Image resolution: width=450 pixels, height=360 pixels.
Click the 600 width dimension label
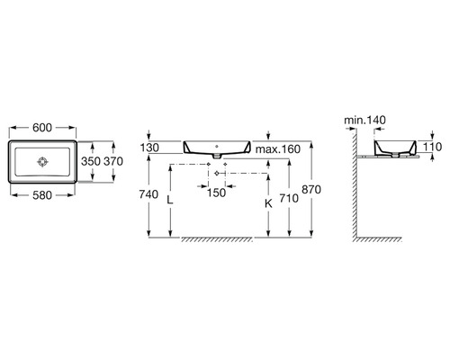42,128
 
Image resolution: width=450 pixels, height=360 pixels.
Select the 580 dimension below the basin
42,195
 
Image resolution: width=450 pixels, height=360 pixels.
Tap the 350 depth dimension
91,161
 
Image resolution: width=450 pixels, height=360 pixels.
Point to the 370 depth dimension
113,161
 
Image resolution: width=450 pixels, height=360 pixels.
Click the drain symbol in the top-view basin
42,162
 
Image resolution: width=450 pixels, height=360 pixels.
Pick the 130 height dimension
149,148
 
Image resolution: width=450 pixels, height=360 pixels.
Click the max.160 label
278,149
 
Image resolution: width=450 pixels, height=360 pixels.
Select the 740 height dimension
148,194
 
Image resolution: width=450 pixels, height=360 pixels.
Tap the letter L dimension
170,200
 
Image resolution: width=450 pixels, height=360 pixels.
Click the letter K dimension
268,203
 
